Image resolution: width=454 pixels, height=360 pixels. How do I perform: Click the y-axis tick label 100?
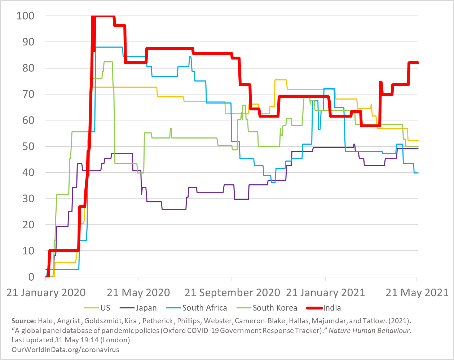[x=25, y=16]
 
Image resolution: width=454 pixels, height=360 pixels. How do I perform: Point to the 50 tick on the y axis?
[x=28, y=146]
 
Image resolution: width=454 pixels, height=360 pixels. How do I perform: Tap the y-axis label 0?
[x=31, y=277]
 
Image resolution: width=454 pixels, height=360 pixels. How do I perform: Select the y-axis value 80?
[x=28, y=68]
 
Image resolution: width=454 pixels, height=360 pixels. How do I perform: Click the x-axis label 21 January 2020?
[x=46, y=293]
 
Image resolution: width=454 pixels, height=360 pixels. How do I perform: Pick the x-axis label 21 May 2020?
[x=138, y=293]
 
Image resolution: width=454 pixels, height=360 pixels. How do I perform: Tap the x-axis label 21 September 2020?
[x=232, y=293]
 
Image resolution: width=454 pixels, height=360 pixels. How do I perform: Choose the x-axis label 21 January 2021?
[x=325, y=293]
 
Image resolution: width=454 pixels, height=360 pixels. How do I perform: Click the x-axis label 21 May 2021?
[x=417, y=293]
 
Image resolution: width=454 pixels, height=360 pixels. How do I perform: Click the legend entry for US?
[x=105, y=308]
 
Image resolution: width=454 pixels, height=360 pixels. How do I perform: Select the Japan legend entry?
[x=146, y=308]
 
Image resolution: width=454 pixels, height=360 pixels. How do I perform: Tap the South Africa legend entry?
[x=204, y=308]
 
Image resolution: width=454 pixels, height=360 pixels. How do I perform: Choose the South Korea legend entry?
[x=275, y=308]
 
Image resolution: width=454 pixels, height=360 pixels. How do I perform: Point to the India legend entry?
[x=332, y=308]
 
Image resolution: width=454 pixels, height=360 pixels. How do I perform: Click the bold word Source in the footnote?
[x=23, y=321]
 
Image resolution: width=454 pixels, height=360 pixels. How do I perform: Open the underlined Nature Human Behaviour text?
[x=369, y=330]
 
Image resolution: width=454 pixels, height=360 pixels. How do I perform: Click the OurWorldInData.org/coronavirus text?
[x=65, y=350]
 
